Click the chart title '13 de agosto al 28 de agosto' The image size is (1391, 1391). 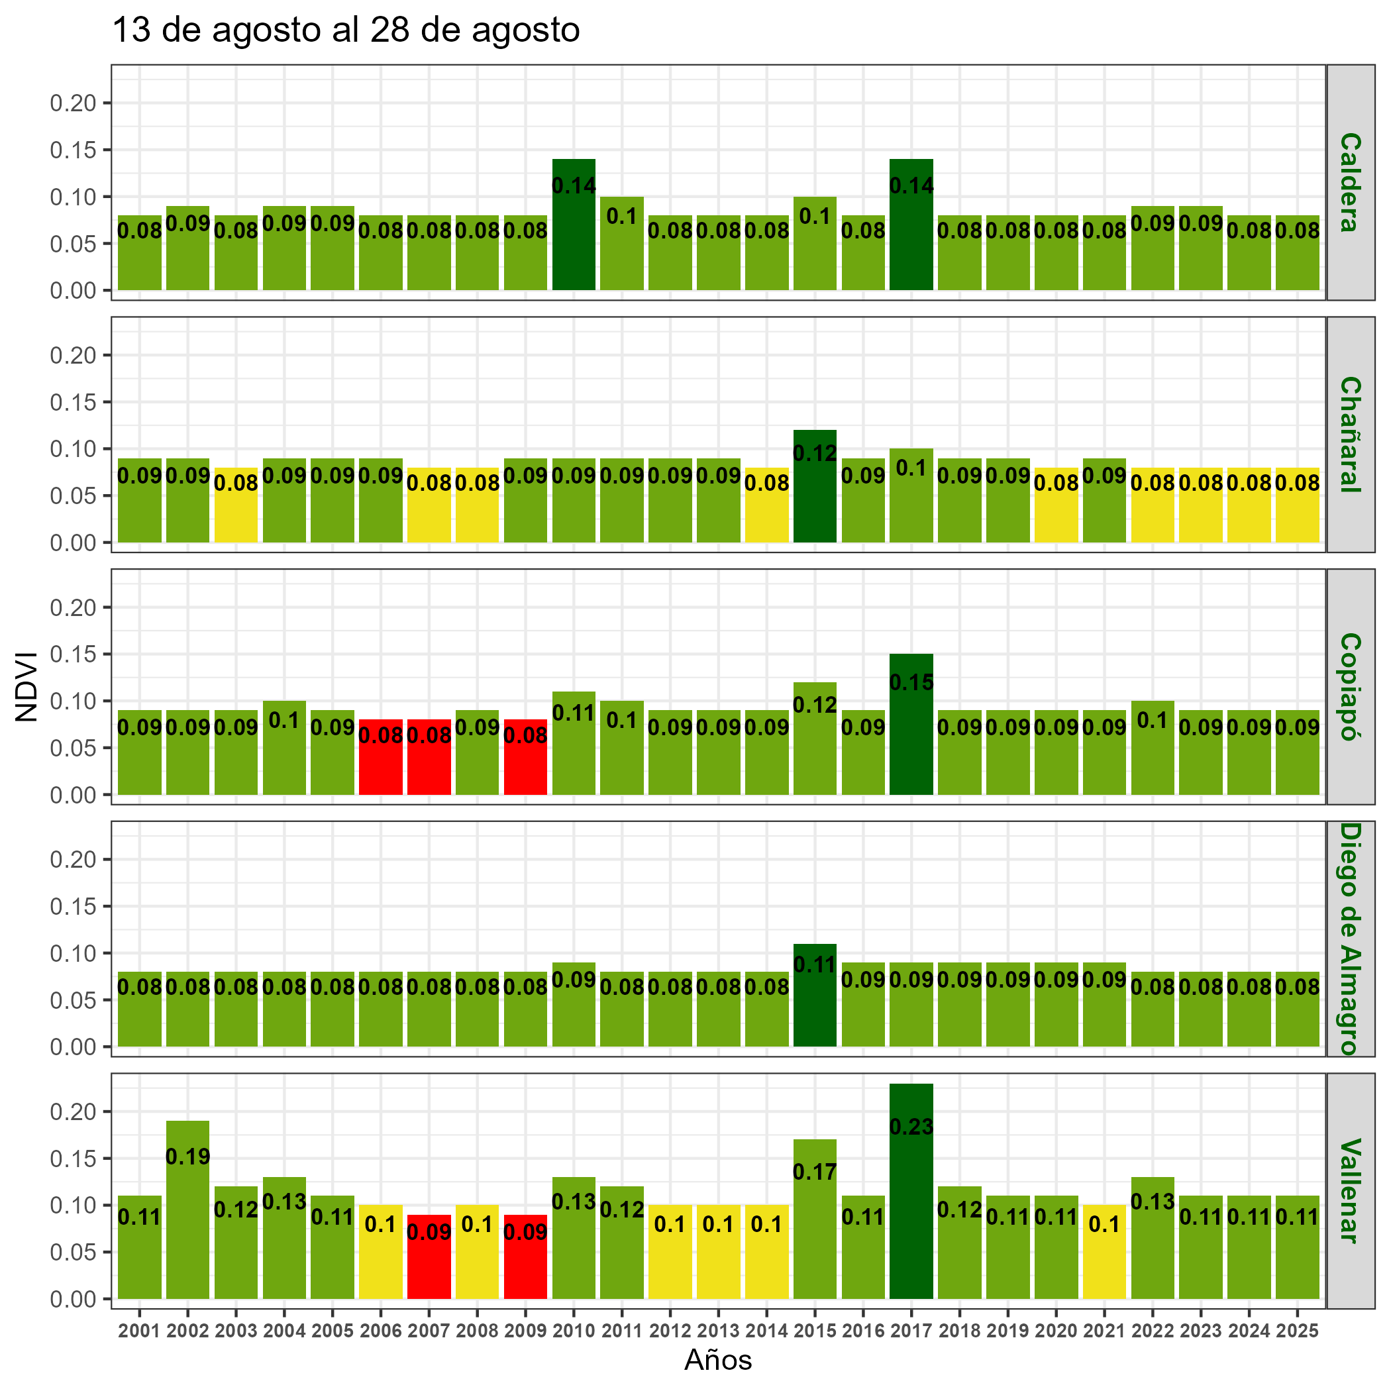click(x=346, y=31)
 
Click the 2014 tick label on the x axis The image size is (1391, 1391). click(x=766, y=1331)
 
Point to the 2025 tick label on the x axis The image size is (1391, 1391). click(x=1297, y=1331)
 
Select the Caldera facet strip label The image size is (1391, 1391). click(x=1350, y=182)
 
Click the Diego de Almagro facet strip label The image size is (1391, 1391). click(x=1350, y=938)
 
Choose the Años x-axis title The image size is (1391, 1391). click(x=718, y=1360)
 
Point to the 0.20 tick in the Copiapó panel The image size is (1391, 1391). click(x=72, y=607)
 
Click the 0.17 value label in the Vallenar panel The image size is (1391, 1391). click(x=814, y=1172)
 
